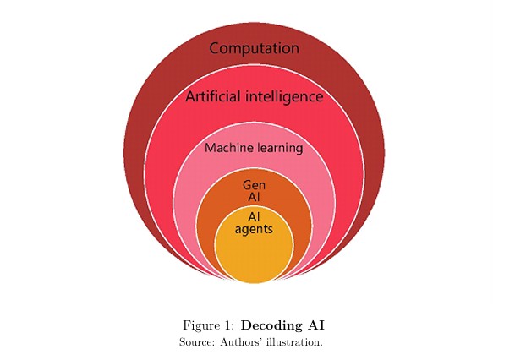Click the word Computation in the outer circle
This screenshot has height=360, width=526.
pos(254,48)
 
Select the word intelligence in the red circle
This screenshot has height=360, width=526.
pos(286,96)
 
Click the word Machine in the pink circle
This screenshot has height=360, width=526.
pos(227,148)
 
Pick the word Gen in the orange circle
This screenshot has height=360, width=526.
pos(254,184)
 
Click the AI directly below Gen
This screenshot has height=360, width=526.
pos(254,197)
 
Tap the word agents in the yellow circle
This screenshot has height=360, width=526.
pos(254,229)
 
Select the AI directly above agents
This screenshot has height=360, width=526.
pos(254,216)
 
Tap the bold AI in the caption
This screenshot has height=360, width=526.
pos(315,325)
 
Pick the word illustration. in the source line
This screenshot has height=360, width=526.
pos(295,342)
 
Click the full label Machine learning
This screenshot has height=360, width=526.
pos(254,148)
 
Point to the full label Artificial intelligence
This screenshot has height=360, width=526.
pos(254,96)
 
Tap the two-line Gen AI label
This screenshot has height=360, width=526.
pos(254,190)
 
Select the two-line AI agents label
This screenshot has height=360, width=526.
pos(254,223)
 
